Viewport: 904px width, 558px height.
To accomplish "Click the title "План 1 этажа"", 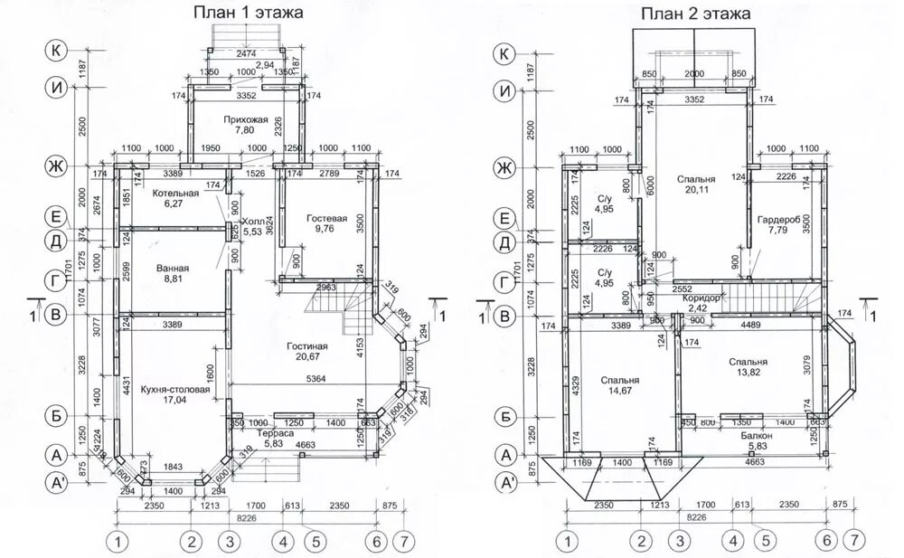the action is coord(247,13).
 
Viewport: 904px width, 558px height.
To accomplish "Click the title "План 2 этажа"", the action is coord(696,13).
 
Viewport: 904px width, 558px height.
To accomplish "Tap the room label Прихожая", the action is coord(246,118).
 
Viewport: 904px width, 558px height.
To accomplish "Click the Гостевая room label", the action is coord(327,218).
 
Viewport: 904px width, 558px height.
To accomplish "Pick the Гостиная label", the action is coord(307,345).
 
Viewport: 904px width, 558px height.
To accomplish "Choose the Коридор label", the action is coord(703,297).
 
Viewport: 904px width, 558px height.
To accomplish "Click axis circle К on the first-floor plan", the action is coord(56,52).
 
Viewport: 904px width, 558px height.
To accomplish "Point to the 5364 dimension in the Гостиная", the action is coord(315,379).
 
